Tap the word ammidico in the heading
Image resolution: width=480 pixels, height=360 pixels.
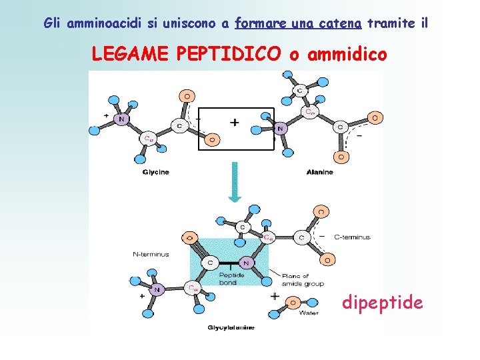click(x=347, y=54)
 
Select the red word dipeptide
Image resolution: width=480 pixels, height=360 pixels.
click(x=382, y=303)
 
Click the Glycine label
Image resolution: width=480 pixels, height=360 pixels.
click(x=156, y=172)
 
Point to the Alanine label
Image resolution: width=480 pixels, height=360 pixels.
click(x=319, y=172)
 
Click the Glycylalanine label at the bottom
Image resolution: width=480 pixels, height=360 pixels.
click(x=231, y=327)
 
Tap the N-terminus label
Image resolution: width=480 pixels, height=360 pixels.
click(x=151, y=254)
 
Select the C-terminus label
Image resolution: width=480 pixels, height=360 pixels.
click(x=352, y=237)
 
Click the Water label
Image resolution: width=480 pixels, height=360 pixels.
click(x=309, y=312)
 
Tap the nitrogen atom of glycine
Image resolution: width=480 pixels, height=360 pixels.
click(x=121, y=119)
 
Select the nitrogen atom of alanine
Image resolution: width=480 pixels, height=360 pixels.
click(x=280, y=128)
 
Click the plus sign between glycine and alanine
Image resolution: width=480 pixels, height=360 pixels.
click(x=234, y=123)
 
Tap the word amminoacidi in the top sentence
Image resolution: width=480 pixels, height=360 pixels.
click(x=100, y=24)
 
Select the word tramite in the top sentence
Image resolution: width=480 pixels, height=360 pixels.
click(x=393, y=24)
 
